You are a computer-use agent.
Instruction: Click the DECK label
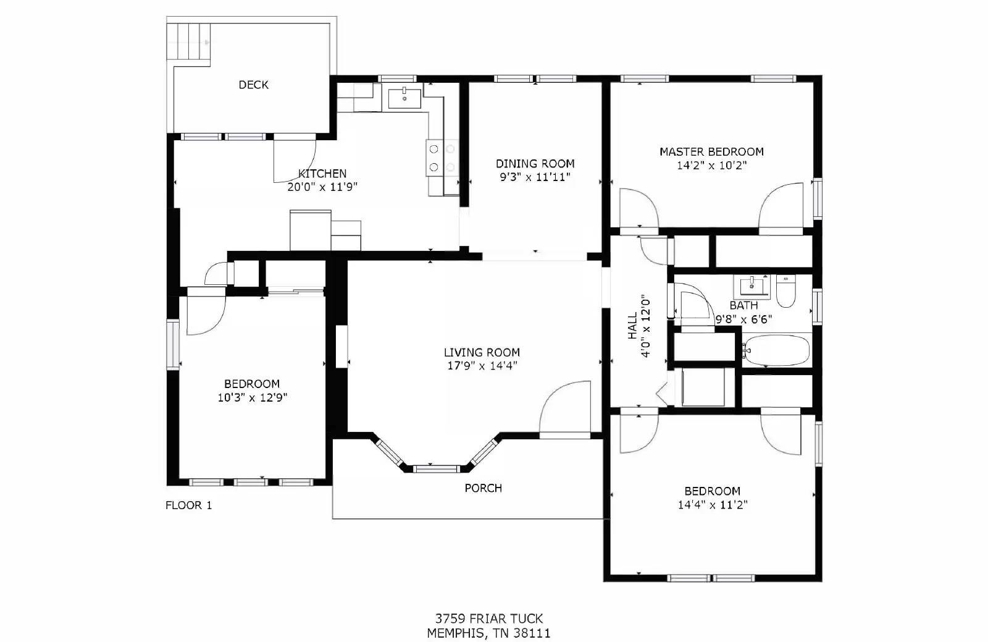point(253,85)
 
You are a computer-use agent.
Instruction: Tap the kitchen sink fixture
point(404,98)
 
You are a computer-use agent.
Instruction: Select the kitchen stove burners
point(442,158)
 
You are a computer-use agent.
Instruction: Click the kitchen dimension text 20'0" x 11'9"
point(322,187)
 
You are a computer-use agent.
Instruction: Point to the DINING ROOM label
point(535,164)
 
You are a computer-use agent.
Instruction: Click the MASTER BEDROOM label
point(711,151)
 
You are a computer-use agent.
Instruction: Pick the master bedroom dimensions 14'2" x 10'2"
point(711,166)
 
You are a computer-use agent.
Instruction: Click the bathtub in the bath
point(776,351)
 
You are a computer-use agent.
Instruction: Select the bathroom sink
point(751,286)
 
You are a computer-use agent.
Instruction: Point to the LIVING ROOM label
point(482,352)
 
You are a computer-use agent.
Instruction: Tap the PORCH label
point(483,488)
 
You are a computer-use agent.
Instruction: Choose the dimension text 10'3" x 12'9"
point(252,397)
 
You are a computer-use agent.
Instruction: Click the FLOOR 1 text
point(188,505)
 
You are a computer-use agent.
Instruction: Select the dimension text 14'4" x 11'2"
point(712,505)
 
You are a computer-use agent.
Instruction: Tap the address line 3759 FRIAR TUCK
point(489,618)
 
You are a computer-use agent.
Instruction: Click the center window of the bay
point(437,468)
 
